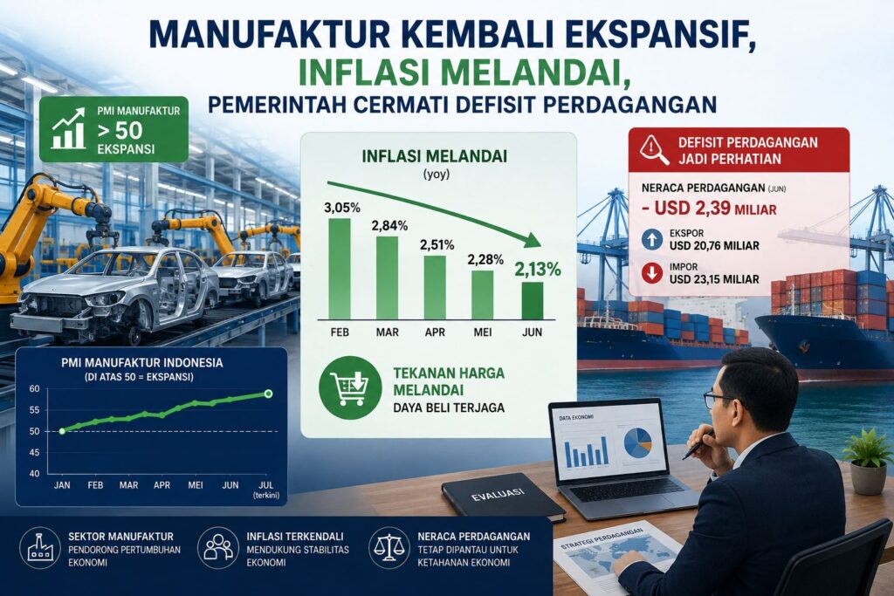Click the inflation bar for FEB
(340, 269)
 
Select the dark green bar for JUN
(533, 300)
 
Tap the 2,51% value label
(437, 245)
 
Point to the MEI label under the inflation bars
(482, 332)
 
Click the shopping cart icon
(350, 388)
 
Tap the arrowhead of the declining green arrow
(533, 240)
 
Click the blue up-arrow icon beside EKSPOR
(651, 239)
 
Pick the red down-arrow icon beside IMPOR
(651, 273)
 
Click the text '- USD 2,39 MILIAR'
(709, 208)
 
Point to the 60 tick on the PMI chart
(35, 389)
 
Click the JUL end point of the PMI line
(269, 394)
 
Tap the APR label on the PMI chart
(162, 485)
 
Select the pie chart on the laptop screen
(637, 442)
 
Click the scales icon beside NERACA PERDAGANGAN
(389, 547)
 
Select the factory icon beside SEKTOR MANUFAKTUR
(40, 548)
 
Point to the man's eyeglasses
(719, 398)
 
